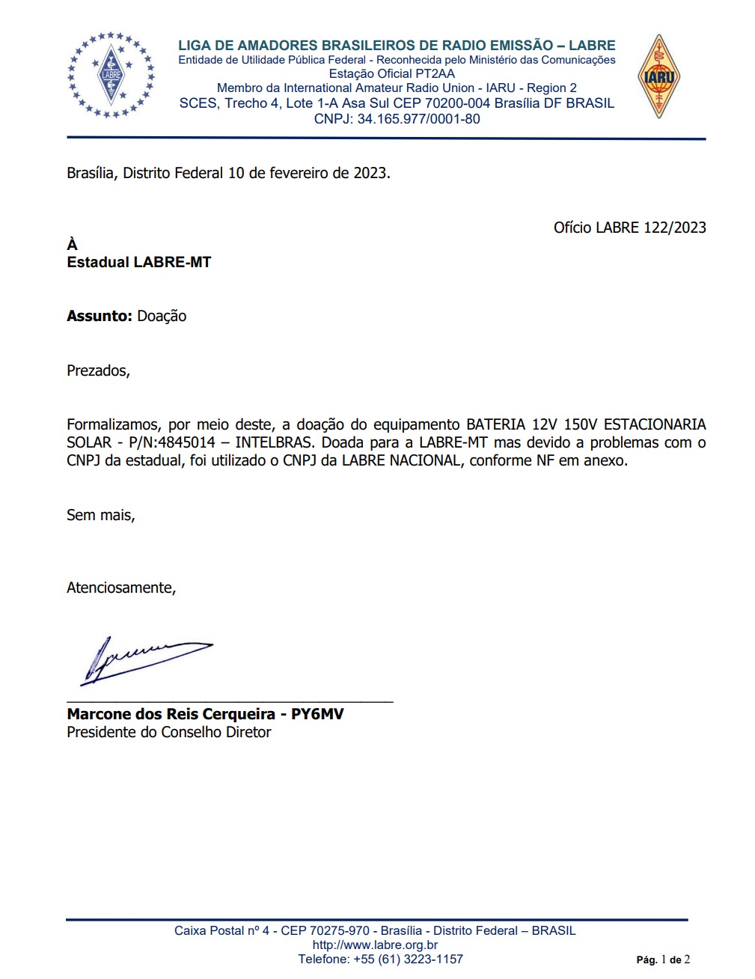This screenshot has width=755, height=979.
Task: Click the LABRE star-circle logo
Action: (111, 75)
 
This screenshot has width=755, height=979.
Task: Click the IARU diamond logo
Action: (658, 76)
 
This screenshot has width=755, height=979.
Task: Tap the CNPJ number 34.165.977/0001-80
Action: (418, 119)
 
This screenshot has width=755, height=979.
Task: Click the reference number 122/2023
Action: (674, 228)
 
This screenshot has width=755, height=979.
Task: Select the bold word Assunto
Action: (99, 316)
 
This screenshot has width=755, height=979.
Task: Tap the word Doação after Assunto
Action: (162, 316)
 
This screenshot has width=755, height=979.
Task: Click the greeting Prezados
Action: (98, 370)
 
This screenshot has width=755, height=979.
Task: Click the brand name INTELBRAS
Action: (274, 442)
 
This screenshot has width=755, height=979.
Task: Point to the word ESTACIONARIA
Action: (655, 424)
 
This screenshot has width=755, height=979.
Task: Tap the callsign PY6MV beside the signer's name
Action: (317, 714)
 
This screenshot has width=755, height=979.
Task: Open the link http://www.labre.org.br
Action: (375, 945)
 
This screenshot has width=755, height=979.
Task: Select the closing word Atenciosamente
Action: (120, 588)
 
